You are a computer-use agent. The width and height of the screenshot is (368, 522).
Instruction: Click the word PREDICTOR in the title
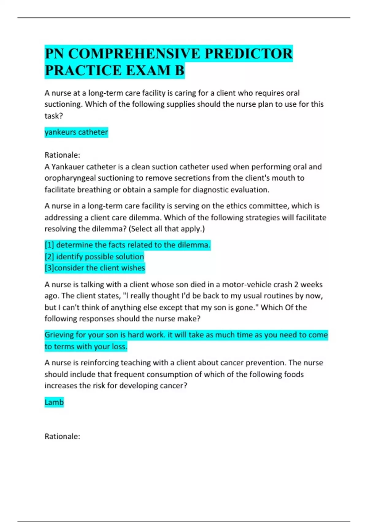click(x=248, y=54)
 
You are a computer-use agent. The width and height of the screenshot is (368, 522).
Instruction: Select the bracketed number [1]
click(x=49, y=245)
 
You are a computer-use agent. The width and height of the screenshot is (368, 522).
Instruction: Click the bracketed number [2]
click(x=49, y=256)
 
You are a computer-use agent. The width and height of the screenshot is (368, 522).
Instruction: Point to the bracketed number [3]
click(x=49, y=268)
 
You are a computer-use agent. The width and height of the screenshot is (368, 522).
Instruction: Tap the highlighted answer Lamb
click(x=54, y=402)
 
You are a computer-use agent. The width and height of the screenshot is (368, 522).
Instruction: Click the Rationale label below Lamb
click(x=62, y=436)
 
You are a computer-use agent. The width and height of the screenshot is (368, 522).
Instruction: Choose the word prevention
click(x=266, y=363)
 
